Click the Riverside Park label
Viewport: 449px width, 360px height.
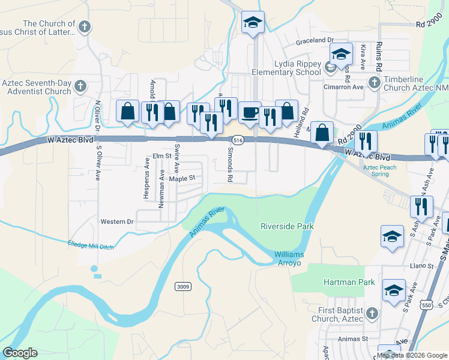(287, 226)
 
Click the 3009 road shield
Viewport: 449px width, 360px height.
(183, 287)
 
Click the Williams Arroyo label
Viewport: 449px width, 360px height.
(289, 259)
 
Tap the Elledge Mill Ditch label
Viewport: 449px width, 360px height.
(90, 244)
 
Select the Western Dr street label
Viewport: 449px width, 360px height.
(116, 221)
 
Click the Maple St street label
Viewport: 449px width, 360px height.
(182, 178)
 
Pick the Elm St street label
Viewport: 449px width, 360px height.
(162, 156)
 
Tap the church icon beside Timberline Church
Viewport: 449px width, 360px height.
(374, 82)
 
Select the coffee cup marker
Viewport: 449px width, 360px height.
(250, 112)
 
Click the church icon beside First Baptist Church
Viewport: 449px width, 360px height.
(372, 313)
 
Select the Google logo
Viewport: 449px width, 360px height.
(20, 353)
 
